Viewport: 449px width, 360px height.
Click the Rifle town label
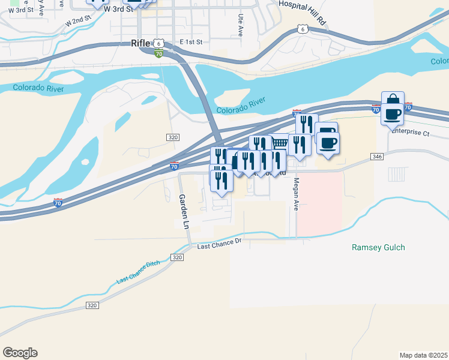pyautogui.click(x=142, y=43)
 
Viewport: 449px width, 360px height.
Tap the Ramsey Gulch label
pyautogui.click(x=378, y=247)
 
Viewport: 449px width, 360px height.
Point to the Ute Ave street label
pyautogui.click(x=240, y=26)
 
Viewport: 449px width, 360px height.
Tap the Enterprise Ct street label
pyautogui.click(x=411, y=133)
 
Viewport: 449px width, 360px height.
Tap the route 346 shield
pyautogui.click(x=377, y=157)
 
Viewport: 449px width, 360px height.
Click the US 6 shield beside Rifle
pyautogui.click(x=157, y=43)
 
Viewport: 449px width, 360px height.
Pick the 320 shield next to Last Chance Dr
pyautogui.click(x=176, y=257)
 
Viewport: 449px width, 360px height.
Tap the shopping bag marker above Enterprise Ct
pyautogui.click(x=393, y=101)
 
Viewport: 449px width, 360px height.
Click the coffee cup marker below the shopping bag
pyautogui.click(x=393, y=113)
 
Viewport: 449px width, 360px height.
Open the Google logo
pyautogui.click(x=20, y=353)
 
